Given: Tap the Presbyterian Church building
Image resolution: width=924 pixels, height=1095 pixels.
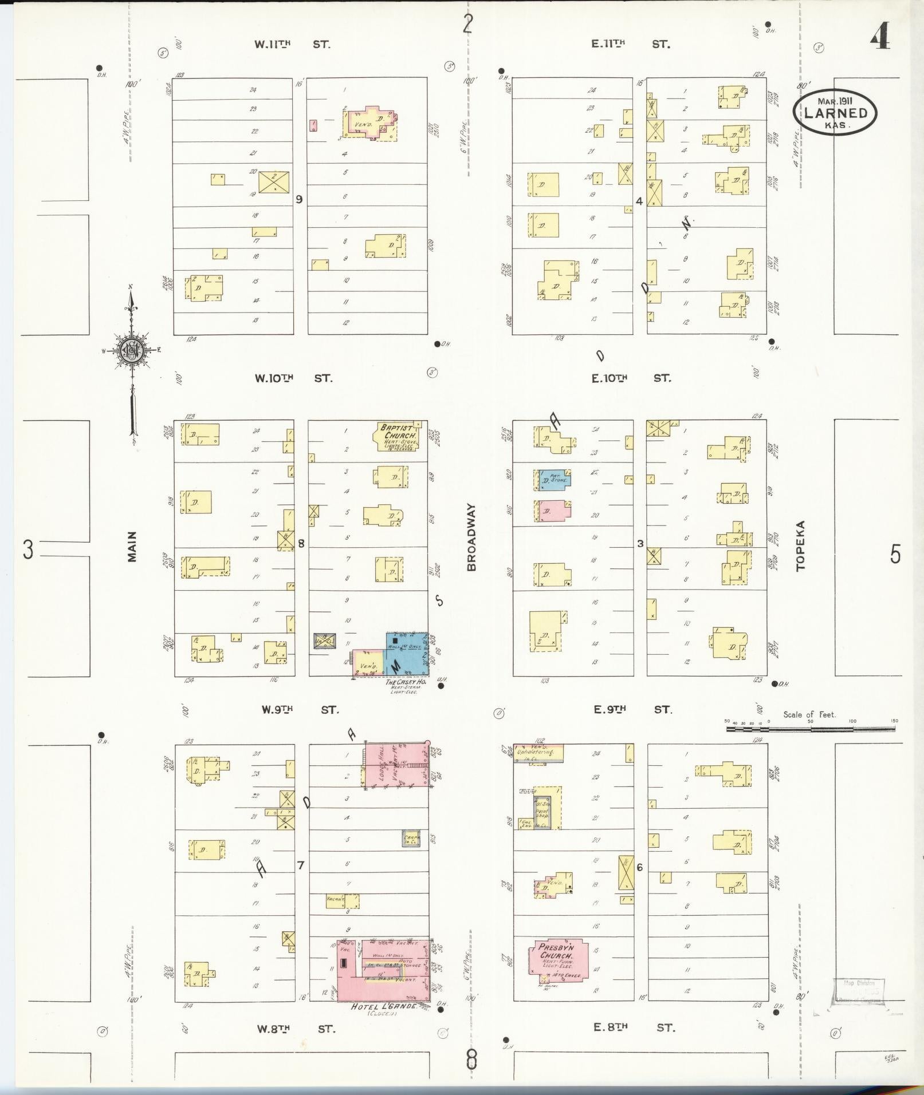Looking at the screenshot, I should [556, 960].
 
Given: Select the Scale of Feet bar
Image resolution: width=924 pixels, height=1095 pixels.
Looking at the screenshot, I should [811, 729].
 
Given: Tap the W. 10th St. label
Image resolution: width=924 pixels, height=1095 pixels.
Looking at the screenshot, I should [293, 378].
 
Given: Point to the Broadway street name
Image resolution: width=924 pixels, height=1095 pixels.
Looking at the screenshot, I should [471, 537].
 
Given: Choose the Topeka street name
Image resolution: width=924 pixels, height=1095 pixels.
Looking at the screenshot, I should [800, 545].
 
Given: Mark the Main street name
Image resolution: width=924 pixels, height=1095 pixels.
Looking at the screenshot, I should [132, 547].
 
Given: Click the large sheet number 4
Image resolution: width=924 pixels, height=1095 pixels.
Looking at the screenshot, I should [880, 38].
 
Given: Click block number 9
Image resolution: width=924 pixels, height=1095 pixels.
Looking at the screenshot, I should [298, 200].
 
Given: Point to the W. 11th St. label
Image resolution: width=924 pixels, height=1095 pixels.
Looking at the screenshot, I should [292, 44].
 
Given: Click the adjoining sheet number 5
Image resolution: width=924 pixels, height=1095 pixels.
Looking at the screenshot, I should [895, 554].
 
